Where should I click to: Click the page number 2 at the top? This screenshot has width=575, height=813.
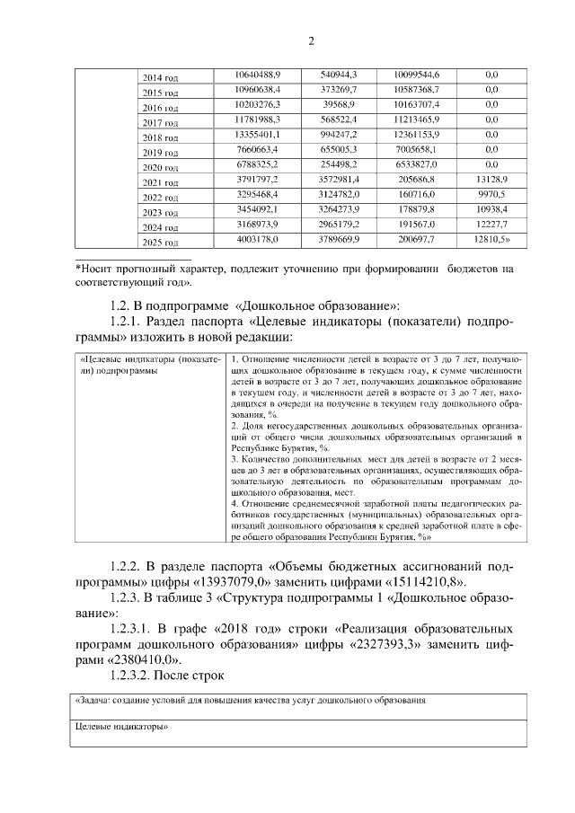312,40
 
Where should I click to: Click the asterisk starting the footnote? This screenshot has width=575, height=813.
78,268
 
